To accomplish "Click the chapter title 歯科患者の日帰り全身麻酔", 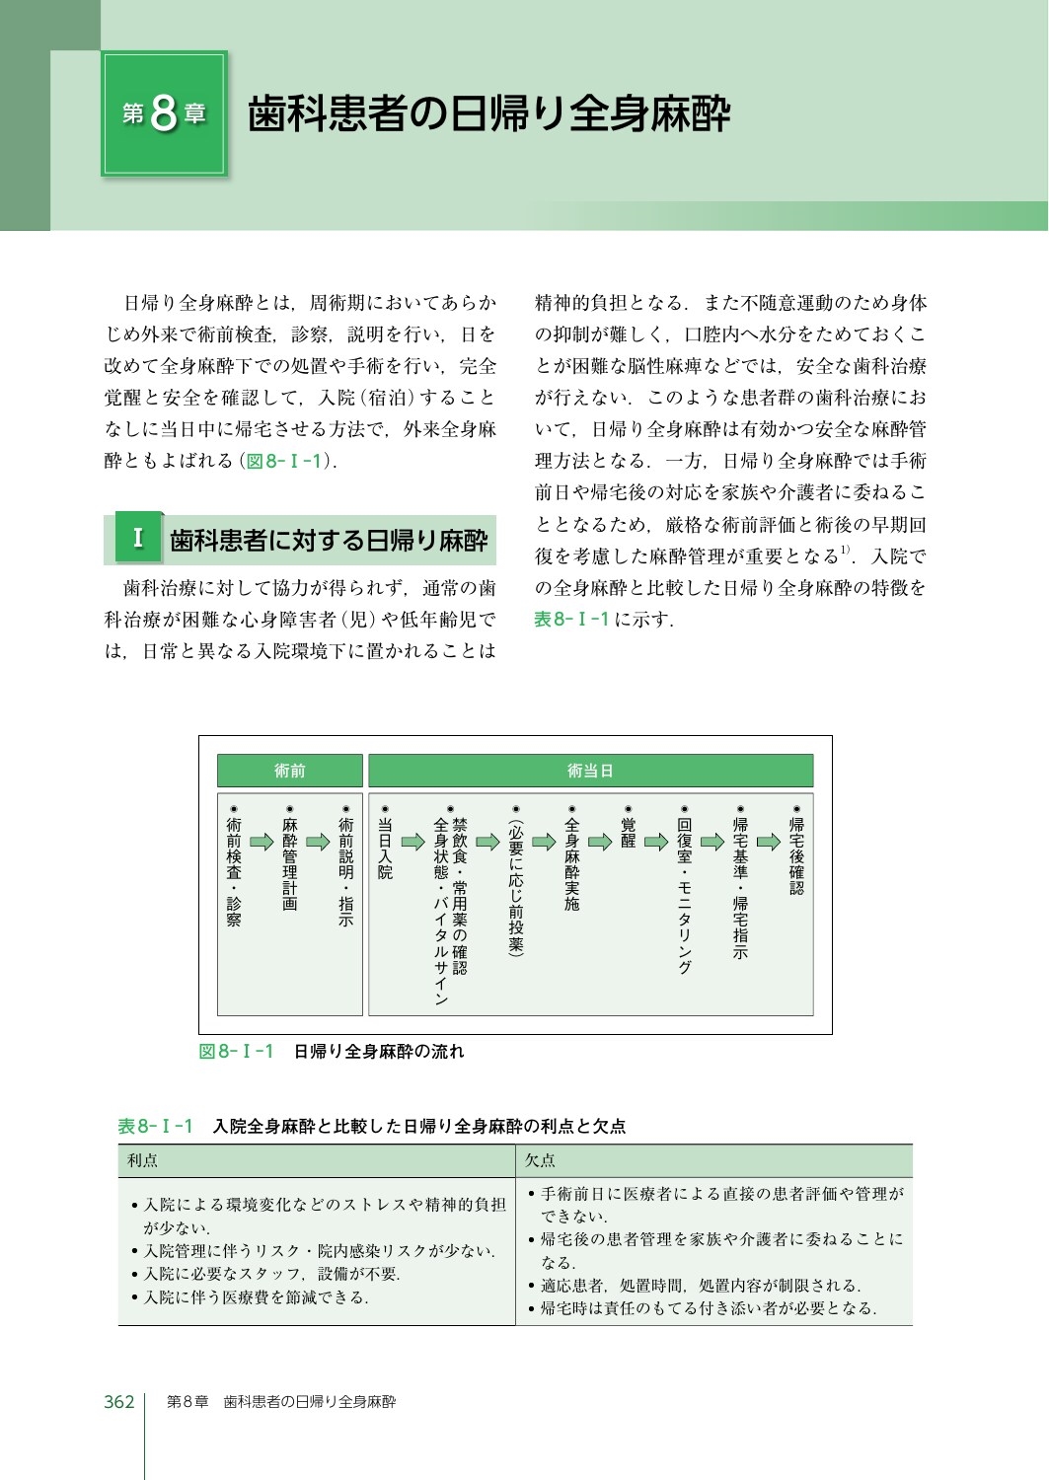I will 488,114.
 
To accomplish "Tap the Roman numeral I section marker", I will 138,539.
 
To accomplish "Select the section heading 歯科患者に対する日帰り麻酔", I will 329,541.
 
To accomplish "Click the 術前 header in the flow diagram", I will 289,771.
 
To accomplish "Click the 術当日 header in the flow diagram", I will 590,771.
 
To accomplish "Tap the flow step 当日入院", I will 385,848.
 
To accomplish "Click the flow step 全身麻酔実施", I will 571,862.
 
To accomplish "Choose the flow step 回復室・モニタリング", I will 685,893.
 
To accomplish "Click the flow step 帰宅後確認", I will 796,854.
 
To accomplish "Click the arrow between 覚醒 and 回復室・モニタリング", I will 656,842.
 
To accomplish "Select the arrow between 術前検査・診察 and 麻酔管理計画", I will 262,842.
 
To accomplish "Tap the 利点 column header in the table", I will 143,1161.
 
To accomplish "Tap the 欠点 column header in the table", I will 540,1161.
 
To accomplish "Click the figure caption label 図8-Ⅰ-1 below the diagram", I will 236,1052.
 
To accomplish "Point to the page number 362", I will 119,1402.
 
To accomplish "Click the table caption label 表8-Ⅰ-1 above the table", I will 155,1126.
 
